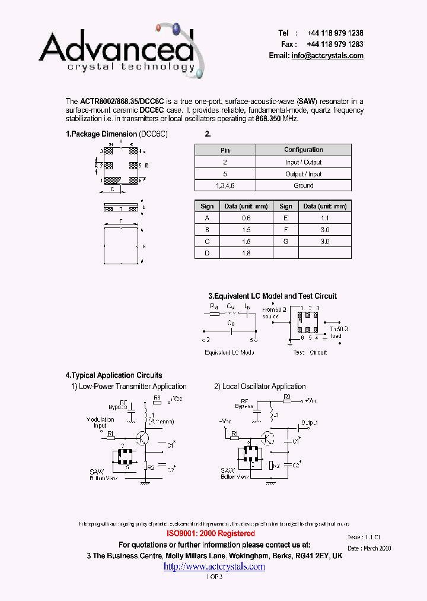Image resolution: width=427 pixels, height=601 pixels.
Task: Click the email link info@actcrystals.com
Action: [x=327, y=56]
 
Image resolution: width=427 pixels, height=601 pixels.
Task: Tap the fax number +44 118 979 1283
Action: [x=335, y=45]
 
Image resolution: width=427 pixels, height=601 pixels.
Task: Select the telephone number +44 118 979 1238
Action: [x=335, y=33]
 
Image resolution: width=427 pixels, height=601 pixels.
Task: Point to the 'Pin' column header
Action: [x=225, y=150]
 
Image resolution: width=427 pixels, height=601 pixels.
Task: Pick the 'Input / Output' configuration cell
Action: [x=303, y=162]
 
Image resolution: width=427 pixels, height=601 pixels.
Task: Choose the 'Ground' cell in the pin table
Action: [x=303, y=185]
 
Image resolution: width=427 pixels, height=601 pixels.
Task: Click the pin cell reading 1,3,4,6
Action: [x=225, y=185]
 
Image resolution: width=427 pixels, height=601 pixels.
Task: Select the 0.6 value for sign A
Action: [x=246, y=218]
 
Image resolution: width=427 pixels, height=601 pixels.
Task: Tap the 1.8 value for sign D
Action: [x=246, y=253]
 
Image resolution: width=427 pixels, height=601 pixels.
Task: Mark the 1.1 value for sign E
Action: [x=324, y=218]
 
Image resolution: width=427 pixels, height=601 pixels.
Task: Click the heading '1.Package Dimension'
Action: [x=101, y=134]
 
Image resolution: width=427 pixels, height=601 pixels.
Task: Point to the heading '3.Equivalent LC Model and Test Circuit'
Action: [x=272, y=296]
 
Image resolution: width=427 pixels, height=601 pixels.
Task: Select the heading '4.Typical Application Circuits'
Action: [x=114, y=375]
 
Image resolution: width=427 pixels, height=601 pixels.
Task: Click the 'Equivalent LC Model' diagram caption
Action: [x=230, y=352]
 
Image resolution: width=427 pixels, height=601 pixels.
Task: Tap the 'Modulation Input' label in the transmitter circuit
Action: [x=100, y=422]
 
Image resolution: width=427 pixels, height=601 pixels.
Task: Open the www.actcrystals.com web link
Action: [x=214, y=567]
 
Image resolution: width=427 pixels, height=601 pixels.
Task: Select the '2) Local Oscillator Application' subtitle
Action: [x=260, y=387]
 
